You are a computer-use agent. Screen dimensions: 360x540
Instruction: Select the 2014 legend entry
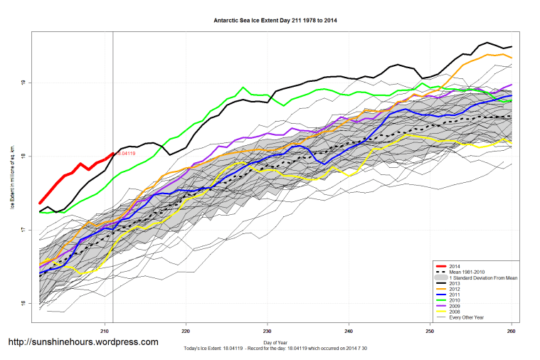point(455,265)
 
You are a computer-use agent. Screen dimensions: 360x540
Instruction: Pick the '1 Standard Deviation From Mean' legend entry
point(483,278)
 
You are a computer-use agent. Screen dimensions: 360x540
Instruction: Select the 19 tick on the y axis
point(24,83)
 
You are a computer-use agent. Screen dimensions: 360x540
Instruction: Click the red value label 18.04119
point(125,153)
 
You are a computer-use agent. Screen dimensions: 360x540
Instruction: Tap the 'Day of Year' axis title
point(275,343)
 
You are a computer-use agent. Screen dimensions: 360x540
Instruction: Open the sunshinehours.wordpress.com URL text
point(83,342)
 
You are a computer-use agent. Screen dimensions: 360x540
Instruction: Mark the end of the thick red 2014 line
point(113,152)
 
